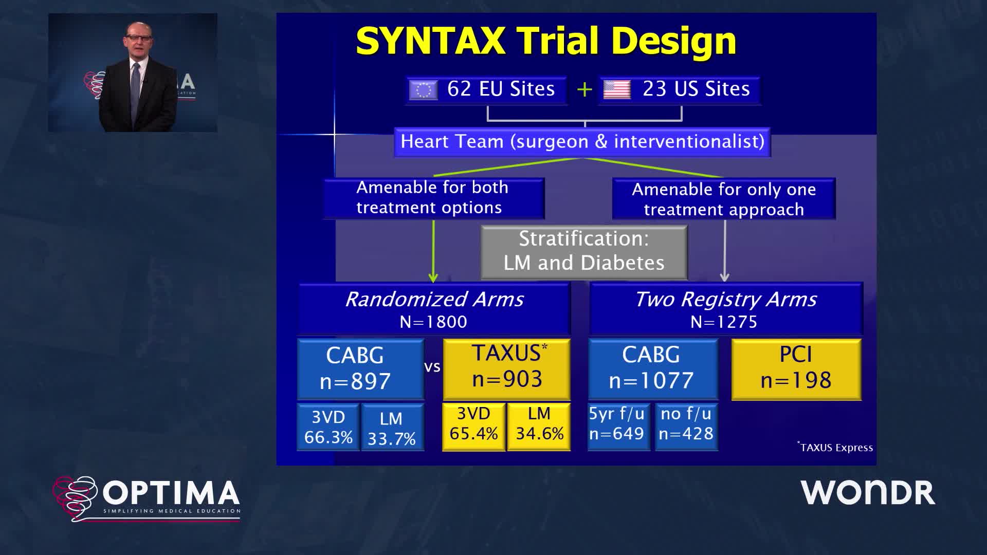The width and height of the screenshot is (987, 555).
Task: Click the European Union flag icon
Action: point(423,90)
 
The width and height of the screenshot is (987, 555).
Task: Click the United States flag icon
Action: point(617,90)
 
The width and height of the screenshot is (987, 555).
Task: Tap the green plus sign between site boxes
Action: point(584,90)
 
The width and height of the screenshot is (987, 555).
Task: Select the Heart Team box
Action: point(582,142)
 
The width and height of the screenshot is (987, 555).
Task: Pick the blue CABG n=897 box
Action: point(360,369)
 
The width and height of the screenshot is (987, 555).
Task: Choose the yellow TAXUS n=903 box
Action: point(506,369)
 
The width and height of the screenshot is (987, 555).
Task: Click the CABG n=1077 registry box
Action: point(653,369)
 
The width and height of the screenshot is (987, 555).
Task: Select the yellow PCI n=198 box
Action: point(796,369)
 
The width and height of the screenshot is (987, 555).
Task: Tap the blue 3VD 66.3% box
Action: point(328,427)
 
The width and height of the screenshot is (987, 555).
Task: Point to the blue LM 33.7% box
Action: point(392,427)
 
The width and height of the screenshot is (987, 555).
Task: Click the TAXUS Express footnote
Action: point(835,447)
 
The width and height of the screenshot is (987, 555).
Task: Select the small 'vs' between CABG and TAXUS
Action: point(432,367)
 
